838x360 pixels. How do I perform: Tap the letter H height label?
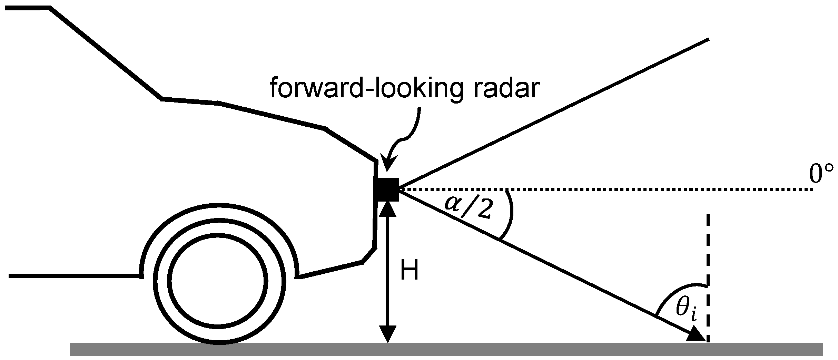(x=409, y=270)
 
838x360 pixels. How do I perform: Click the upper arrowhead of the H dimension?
(x=388, y=208)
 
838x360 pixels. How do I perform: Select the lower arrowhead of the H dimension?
(x=388, y=334)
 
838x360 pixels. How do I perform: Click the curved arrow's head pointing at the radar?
(x=388, y=165)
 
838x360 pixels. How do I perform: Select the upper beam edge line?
(x=552, y=115)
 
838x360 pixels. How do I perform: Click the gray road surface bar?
(x=448, y=349)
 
